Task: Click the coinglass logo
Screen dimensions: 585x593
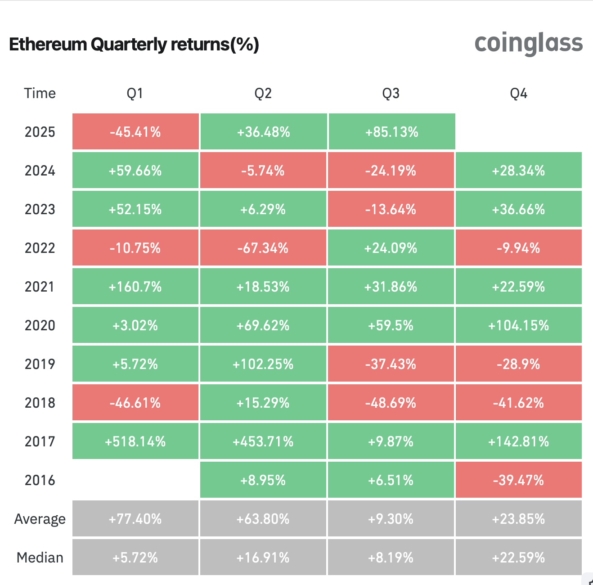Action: click(x=529, y=44)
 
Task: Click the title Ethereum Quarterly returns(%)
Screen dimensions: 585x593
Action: click(x=134, y=45)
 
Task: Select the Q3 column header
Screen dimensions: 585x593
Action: click(x=391, y=93)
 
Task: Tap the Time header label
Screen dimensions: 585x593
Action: click(x=40, y=93)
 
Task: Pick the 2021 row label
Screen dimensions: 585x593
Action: click(x=40, y=287)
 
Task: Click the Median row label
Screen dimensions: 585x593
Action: click(x=40, y=558)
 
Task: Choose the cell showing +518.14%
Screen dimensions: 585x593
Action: click(x=135, y=441)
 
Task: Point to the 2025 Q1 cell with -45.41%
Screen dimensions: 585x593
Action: click(x=135, y=132)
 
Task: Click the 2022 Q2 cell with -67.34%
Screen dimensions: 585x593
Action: click(x=263, y=248)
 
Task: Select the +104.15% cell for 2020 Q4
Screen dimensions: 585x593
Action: click(x=519, y=325)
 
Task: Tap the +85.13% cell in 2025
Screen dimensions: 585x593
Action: click(x=392, y=132)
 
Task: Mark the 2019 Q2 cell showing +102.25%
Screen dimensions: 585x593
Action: click(x=263, y=364)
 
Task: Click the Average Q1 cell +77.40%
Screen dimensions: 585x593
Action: click(x=135, y=519)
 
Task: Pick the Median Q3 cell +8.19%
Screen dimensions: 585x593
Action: click(x=391, y=558)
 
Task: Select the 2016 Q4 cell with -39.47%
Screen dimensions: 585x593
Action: click(x=519, y=480)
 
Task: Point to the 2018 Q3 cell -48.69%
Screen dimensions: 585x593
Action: click(x=391, y=403)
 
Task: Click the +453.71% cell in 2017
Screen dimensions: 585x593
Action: click(x=263, y=441)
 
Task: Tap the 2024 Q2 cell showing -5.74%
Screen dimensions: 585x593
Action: click(x=263, y=171)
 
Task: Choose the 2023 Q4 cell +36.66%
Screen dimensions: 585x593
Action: click(x=519, y=209)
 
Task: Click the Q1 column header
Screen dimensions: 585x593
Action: click(x=135, y=93)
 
